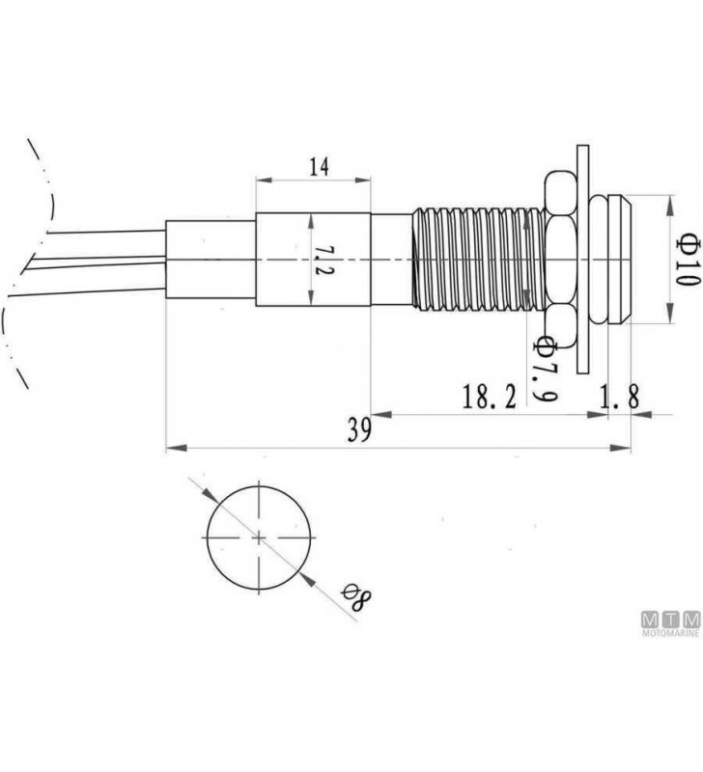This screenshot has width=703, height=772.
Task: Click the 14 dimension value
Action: [x=319, y=167]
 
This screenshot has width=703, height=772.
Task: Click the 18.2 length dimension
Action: [x=490, y=397]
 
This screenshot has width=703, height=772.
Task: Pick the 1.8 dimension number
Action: [x=620, y=397]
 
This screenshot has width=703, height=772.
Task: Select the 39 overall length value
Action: [x=359, y=429]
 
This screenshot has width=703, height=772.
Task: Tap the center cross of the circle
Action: [x=259, y=538]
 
